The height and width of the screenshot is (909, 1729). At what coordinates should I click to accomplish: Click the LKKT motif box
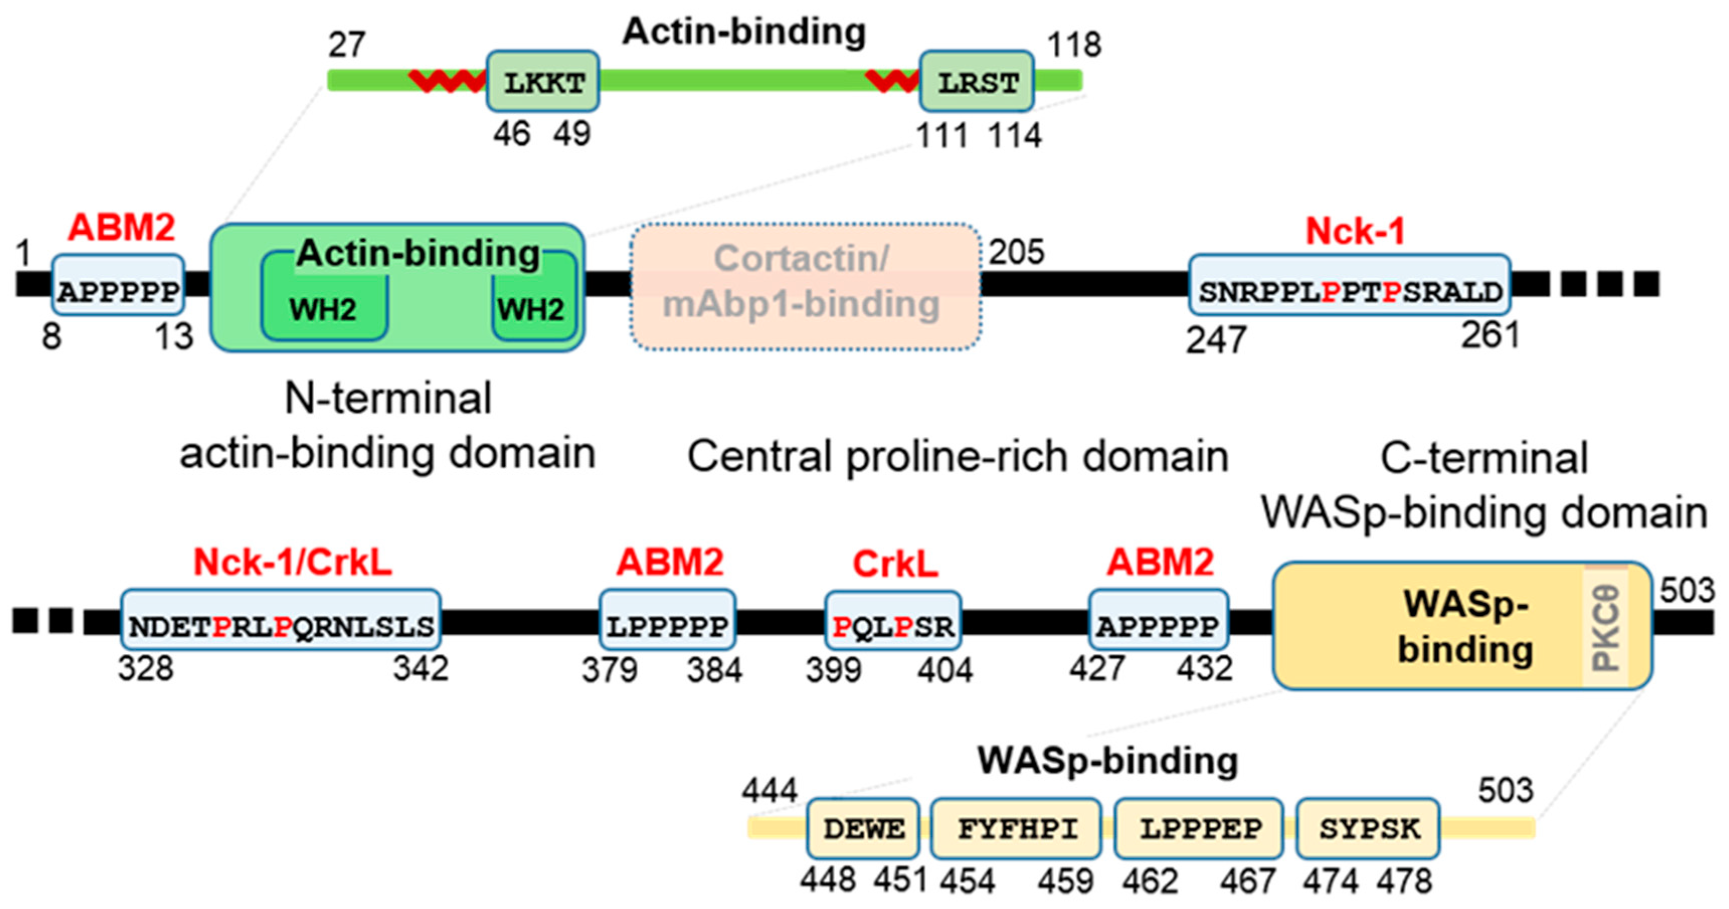coord(542,82)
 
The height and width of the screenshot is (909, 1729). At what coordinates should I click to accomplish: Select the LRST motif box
coord(976,82)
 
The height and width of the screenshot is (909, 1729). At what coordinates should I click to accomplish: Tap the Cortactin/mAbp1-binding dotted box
coord(804,287)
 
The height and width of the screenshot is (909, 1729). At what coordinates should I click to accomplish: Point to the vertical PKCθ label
coord(1606,628)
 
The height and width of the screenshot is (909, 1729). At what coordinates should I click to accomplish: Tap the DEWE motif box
coord(863,829)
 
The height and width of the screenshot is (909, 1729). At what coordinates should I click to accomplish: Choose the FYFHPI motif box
coord(1016,829)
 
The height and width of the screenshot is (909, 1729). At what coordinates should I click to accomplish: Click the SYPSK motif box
coord(1368,829)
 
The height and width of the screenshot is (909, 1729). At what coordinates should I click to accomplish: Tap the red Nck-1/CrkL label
coord(293,562)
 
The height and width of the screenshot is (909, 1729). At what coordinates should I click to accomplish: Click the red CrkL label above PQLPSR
coord(895,564)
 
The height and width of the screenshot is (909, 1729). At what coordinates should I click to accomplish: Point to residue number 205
coord(1016,252)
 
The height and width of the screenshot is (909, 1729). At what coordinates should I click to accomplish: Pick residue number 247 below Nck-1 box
coord(1216,340)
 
